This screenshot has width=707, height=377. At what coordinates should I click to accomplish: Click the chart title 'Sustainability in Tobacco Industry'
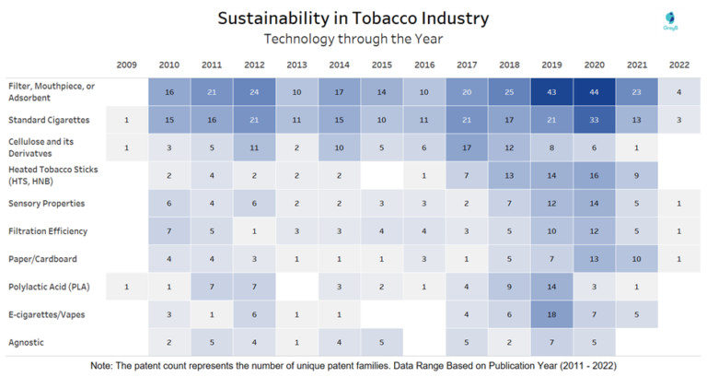coord(353,18)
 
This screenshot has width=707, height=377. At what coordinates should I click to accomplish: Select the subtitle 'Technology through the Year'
coord(353,39)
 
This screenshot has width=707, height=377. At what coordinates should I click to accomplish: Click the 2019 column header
coord(551,65)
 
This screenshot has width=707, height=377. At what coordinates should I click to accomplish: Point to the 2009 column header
coord(127,65)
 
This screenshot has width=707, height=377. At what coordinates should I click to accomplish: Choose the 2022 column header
coord(678,65)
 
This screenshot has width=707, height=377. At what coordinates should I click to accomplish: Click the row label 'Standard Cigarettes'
coord(48,120)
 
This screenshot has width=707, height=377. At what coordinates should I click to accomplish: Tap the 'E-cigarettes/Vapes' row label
coord(46,314)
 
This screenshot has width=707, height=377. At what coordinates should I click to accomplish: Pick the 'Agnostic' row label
coord(27,342)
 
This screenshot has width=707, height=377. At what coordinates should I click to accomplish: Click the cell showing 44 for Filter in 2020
coord(594,92)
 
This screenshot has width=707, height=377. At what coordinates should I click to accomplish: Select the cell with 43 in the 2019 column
coord(551,92)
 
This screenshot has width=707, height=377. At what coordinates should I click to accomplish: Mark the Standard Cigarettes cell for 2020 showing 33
coord(594,120)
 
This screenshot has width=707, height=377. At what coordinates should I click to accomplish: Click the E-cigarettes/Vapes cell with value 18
coord(551,314)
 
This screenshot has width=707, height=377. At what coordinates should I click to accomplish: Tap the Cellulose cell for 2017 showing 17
coord(467,147)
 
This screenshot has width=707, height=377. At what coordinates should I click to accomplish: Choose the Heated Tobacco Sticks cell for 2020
coord(594,175)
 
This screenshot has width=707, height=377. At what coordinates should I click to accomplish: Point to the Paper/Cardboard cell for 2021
coord(636,259)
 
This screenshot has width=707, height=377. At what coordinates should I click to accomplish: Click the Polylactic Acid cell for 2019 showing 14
coord(551,287)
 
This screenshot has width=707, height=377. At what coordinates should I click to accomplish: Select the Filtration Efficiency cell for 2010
coord(169,231)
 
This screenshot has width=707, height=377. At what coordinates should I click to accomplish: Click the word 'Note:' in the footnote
coord(102,366)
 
